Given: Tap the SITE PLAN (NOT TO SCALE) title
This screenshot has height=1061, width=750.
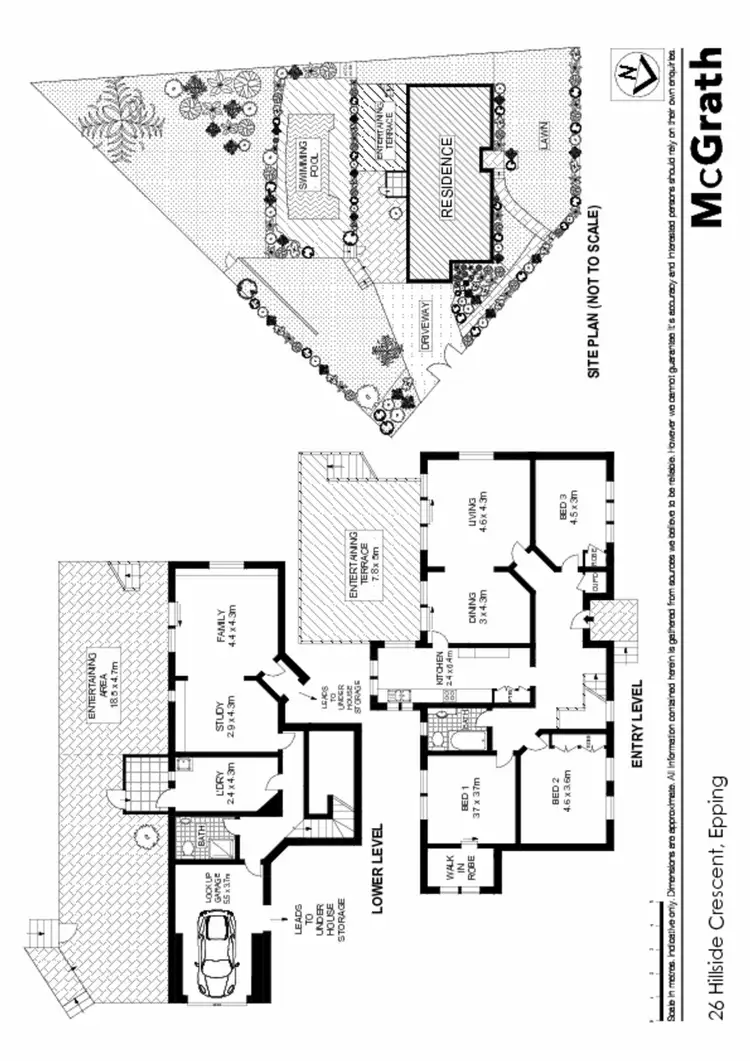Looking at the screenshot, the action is [597, 291].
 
